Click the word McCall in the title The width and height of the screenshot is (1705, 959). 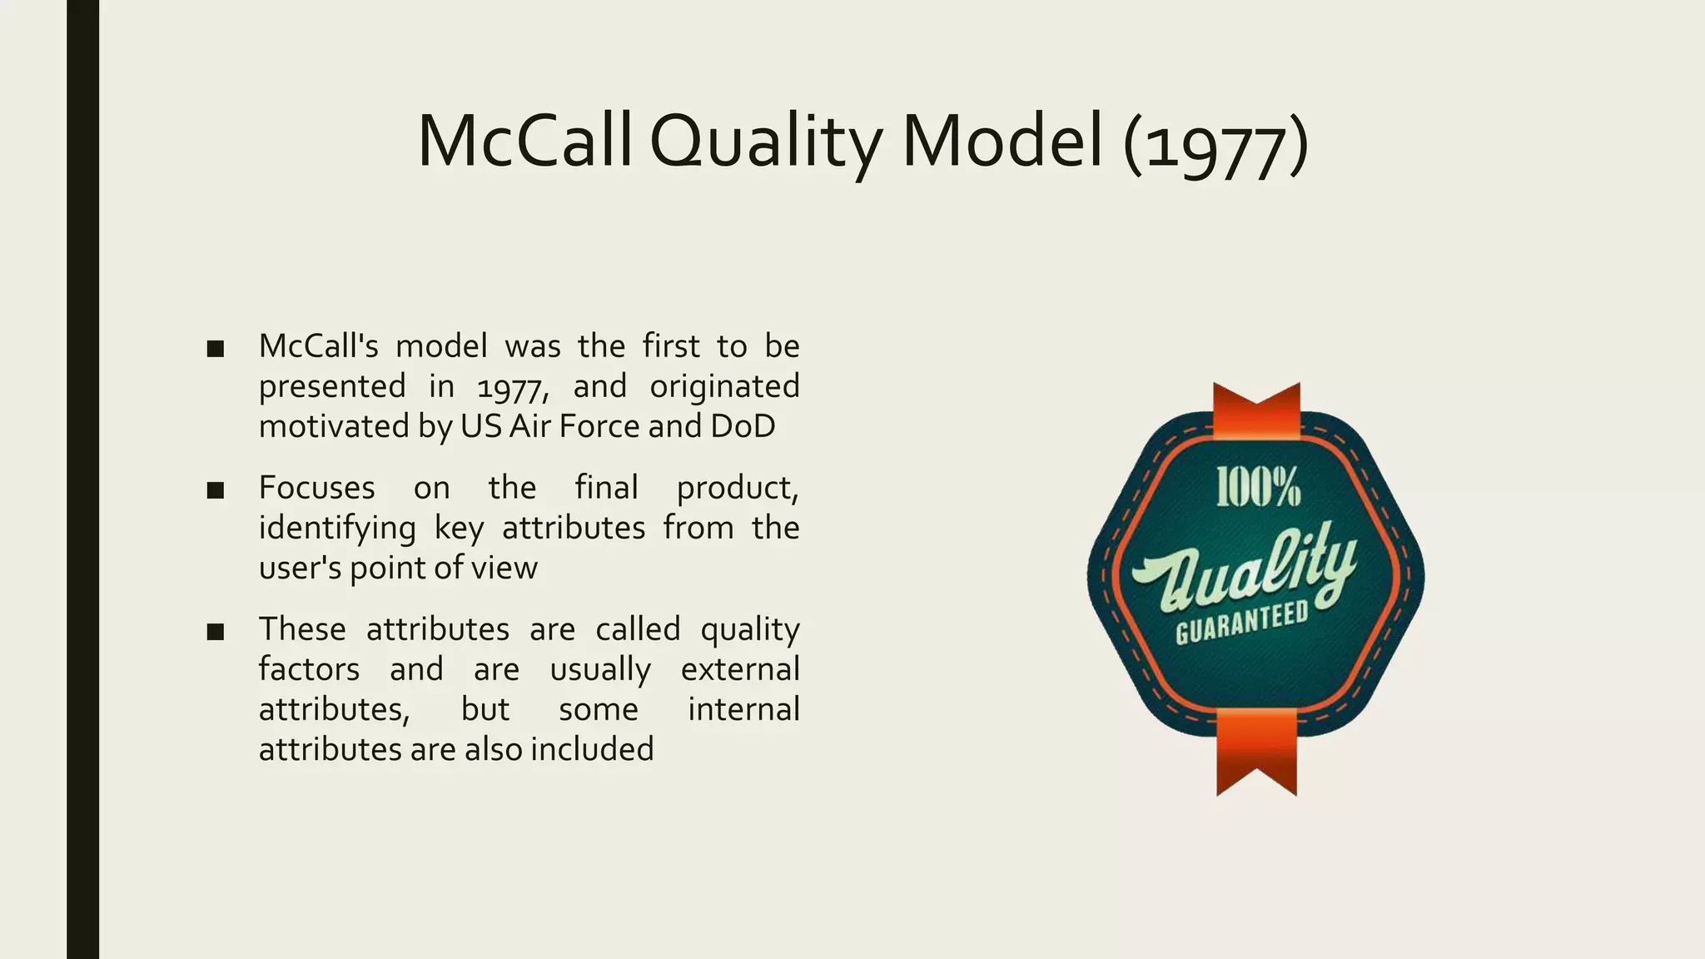pos(524,142)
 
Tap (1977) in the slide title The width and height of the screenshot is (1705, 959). pos(1215,143)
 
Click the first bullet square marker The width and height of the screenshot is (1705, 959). pos(216,349)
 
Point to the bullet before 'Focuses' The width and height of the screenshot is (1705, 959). pos(216,490)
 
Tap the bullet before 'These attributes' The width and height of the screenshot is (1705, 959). pos(216,632)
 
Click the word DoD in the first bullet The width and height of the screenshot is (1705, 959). pos(743,426)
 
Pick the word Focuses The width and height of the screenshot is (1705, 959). pos(316,488)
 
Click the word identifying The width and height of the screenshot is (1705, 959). pos(337,529)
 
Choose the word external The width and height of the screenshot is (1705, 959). pos(739,669)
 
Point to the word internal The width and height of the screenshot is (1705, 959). pos(743,709)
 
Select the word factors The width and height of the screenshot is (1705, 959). pos(309,669)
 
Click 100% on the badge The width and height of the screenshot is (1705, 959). pos(1258,487)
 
